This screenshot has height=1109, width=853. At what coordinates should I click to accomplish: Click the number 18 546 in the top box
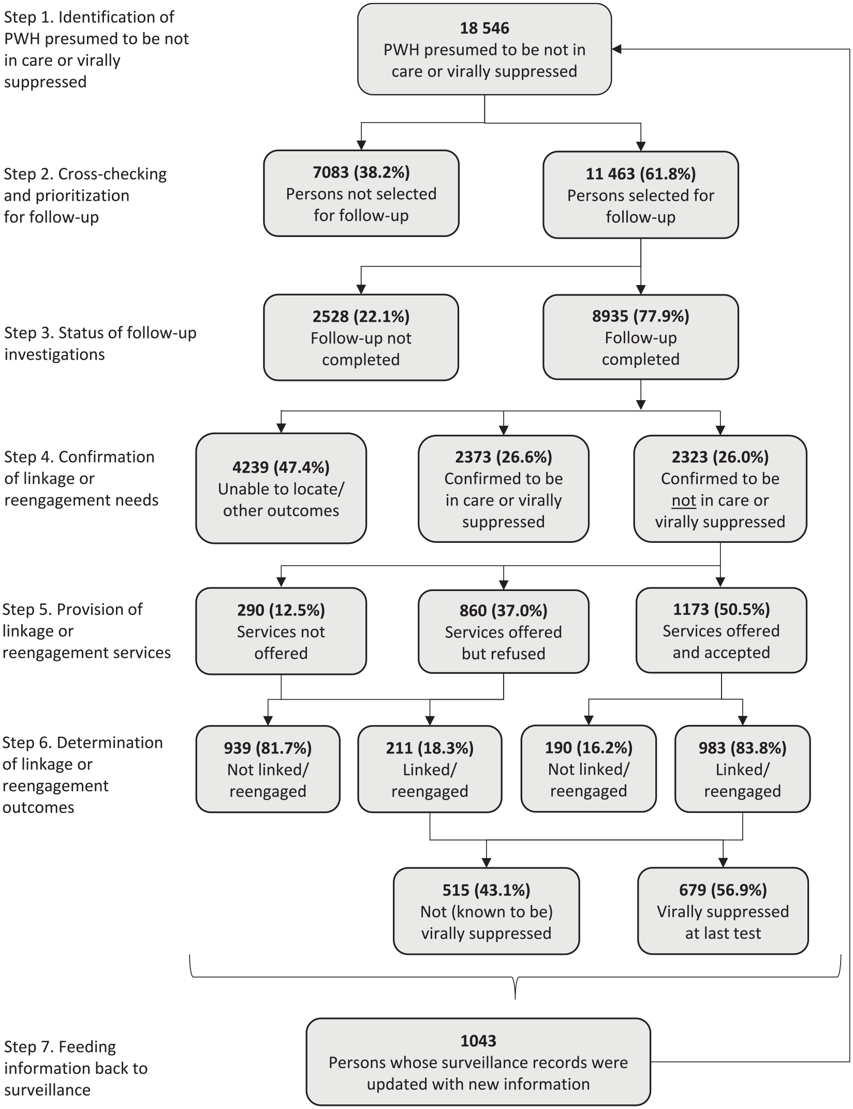(x=484, y=28)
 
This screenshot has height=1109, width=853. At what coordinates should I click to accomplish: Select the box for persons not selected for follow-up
(x=361, y=193)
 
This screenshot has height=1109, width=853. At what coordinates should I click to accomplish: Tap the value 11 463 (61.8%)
(x=641, y=174)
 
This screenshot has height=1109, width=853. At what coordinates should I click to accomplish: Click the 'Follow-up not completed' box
(x=361, y=337)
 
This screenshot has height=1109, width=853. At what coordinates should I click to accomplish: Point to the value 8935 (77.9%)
(x=641, y=316)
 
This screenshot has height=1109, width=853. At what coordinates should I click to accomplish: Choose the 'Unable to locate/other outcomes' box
(x=281, y=489)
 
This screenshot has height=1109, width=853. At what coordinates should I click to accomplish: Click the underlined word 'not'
(x=684, y=500)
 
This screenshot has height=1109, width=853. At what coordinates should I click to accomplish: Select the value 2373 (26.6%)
(x=504, y=457)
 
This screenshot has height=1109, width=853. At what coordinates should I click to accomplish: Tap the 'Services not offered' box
(x=281, y=631)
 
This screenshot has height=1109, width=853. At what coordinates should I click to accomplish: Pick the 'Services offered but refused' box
(x=504, y=631)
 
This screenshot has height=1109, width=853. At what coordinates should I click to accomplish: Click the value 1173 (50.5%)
(x=722, y=610)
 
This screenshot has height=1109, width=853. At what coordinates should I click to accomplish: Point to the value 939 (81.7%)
(x=268, y=748)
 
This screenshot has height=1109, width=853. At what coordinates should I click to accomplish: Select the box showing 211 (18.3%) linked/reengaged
(x=430, y=769)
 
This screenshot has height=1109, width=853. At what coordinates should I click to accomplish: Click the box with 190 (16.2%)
(x=589, y=768)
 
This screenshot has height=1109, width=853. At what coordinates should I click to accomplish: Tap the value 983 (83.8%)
(x=743, y=748)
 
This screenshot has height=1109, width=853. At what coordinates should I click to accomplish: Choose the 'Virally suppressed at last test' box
(x=723, y=911)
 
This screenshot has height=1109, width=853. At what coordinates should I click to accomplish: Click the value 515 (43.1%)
(x=487, y=890)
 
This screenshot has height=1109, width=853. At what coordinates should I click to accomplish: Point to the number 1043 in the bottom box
(x=478, y=1041)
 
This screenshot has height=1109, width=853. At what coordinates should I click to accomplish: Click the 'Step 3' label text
(x=100, y=343)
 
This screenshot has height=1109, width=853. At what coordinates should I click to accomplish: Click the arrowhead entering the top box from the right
(x=616, y=49)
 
